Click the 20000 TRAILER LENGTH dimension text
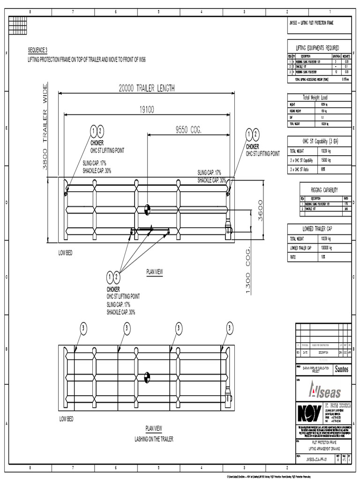coord(147,88)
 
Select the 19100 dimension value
coord(146,109)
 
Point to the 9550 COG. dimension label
coord(188,131)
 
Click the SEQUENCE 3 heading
coord(38,50)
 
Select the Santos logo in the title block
coord(341,369)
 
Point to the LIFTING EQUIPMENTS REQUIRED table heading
coord(317,48)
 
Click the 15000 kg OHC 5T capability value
coord(327,160)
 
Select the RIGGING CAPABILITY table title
coord(324,189)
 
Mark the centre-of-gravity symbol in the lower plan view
coord(147,375)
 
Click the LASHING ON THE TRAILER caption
coord(154,439)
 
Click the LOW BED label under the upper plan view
coord(65,253)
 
